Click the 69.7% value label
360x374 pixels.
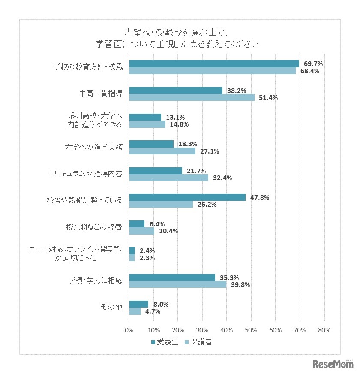click(x=313, y=63)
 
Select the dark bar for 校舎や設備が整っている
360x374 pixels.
click(x=187, y=197)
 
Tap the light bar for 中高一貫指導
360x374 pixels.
click(x=192, y=97)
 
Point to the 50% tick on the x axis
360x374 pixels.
click(x=251, y=330)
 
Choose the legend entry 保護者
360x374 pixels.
click(x=198, y=342)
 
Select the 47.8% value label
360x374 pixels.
click(x=259, y=197)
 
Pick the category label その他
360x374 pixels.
click(x=111, y=307)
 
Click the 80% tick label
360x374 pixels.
click(x=324, y=330)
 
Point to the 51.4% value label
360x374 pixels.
click(x=268, y=97)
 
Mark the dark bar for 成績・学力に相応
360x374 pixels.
click(x=172, y=277)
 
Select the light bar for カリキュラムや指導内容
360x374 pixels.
click(x=168, y=178)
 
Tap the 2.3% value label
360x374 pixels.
click(x=147, y=258)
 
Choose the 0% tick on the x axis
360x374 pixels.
click(x=129, y=330)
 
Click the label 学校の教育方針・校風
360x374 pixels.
click(x=88, y=67)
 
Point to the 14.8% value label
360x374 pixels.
click(x=179, y=124)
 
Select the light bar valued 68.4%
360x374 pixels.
click(x=212, y=71)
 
